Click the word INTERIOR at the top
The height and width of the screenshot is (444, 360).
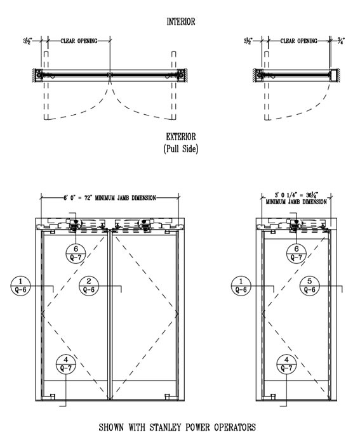click(x=181, y=22)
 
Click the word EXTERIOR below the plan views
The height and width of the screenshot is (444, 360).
click(x=181, y=137)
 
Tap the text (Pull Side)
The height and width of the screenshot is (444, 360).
click(x=181, y=148)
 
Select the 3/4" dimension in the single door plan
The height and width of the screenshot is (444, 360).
click(x=341, y=41)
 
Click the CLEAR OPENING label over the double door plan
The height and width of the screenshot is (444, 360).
click(x=79, y=41)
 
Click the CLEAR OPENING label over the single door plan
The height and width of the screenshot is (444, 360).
click(x=299, y=41)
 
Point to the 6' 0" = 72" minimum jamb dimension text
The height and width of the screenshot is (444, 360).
click(x=110, y=198)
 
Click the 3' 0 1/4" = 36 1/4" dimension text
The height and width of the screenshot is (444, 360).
click(x=297, y=195)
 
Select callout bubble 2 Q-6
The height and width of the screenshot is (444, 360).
click(x=89, y=286)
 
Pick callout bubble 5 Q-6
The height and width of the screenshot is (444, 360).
click(x=310, y=286)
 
